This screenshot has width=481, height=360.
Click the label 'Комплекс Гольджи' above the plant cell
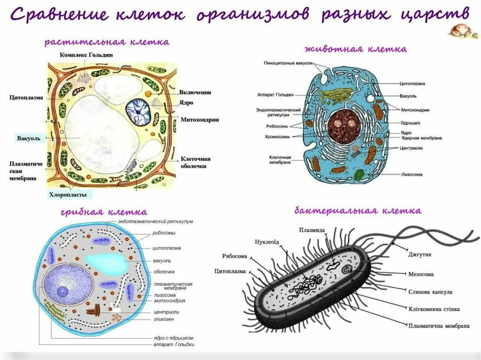(86, 54)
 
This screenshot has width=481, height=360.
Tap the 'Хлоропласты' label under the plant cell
(69, 194)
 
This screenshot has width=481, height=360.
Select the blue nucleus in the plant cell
(140, 111)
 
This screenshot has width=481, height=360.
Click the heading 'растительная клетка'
(107, 42)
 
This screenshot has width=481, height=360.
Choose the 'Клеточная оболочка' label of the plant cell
(195, 162)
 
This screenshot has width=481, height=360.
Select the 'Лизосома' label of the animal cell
(411, 174)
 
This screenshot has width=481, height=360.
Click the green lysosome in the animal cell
(359, 176)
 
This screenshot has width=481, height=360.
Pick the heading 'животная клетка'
(356, 49)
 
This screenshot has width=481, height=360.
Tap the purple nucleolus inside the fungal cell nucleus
(63, 291)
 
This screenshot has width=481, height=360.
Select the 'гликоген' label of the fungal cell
(163, 319)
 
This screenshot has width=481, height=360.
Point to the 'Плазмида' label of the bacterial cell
(311, 230)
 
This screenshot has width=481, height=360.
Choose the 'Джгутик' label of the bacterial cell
(420, 254)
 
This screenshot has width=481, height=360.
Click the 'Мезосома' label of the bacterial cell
(421, 274)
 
